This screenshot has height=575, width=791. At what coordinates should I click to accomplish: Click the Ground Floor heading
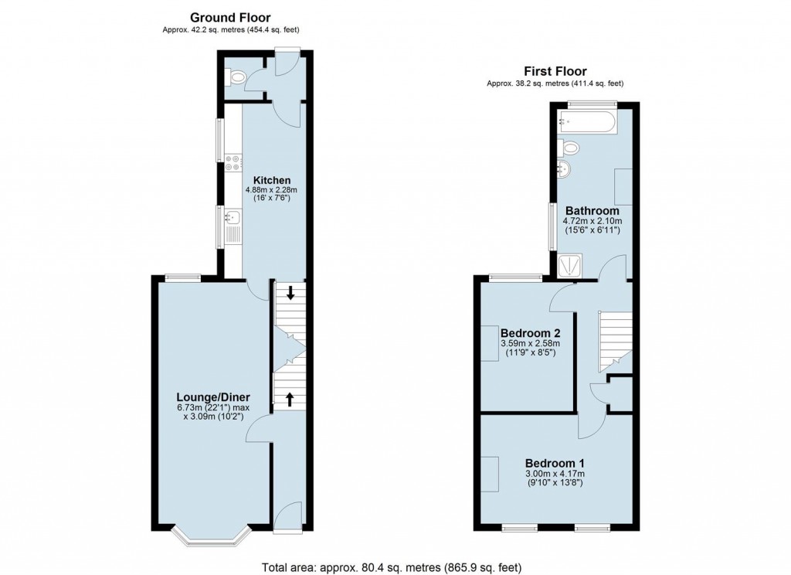[x=230, y=17]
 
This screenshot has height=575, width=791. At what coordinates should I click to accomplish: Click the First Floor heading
[x=555, y=71]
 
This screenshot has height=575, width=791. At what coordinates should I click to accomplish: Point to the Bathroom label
[x=592, y=210]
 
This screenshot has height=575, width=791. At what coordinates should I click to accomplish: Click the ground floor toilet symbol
[x=236, y=77]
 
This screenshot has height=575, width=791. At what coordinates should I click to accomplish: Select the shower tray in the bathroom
[x=572, y=266]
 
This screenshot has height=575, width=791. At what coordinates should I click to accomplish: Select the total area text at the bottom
[x=395, y=563]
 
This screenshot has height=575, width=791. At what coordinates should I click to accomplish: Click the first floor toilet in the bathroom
[x=570, y=148]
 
